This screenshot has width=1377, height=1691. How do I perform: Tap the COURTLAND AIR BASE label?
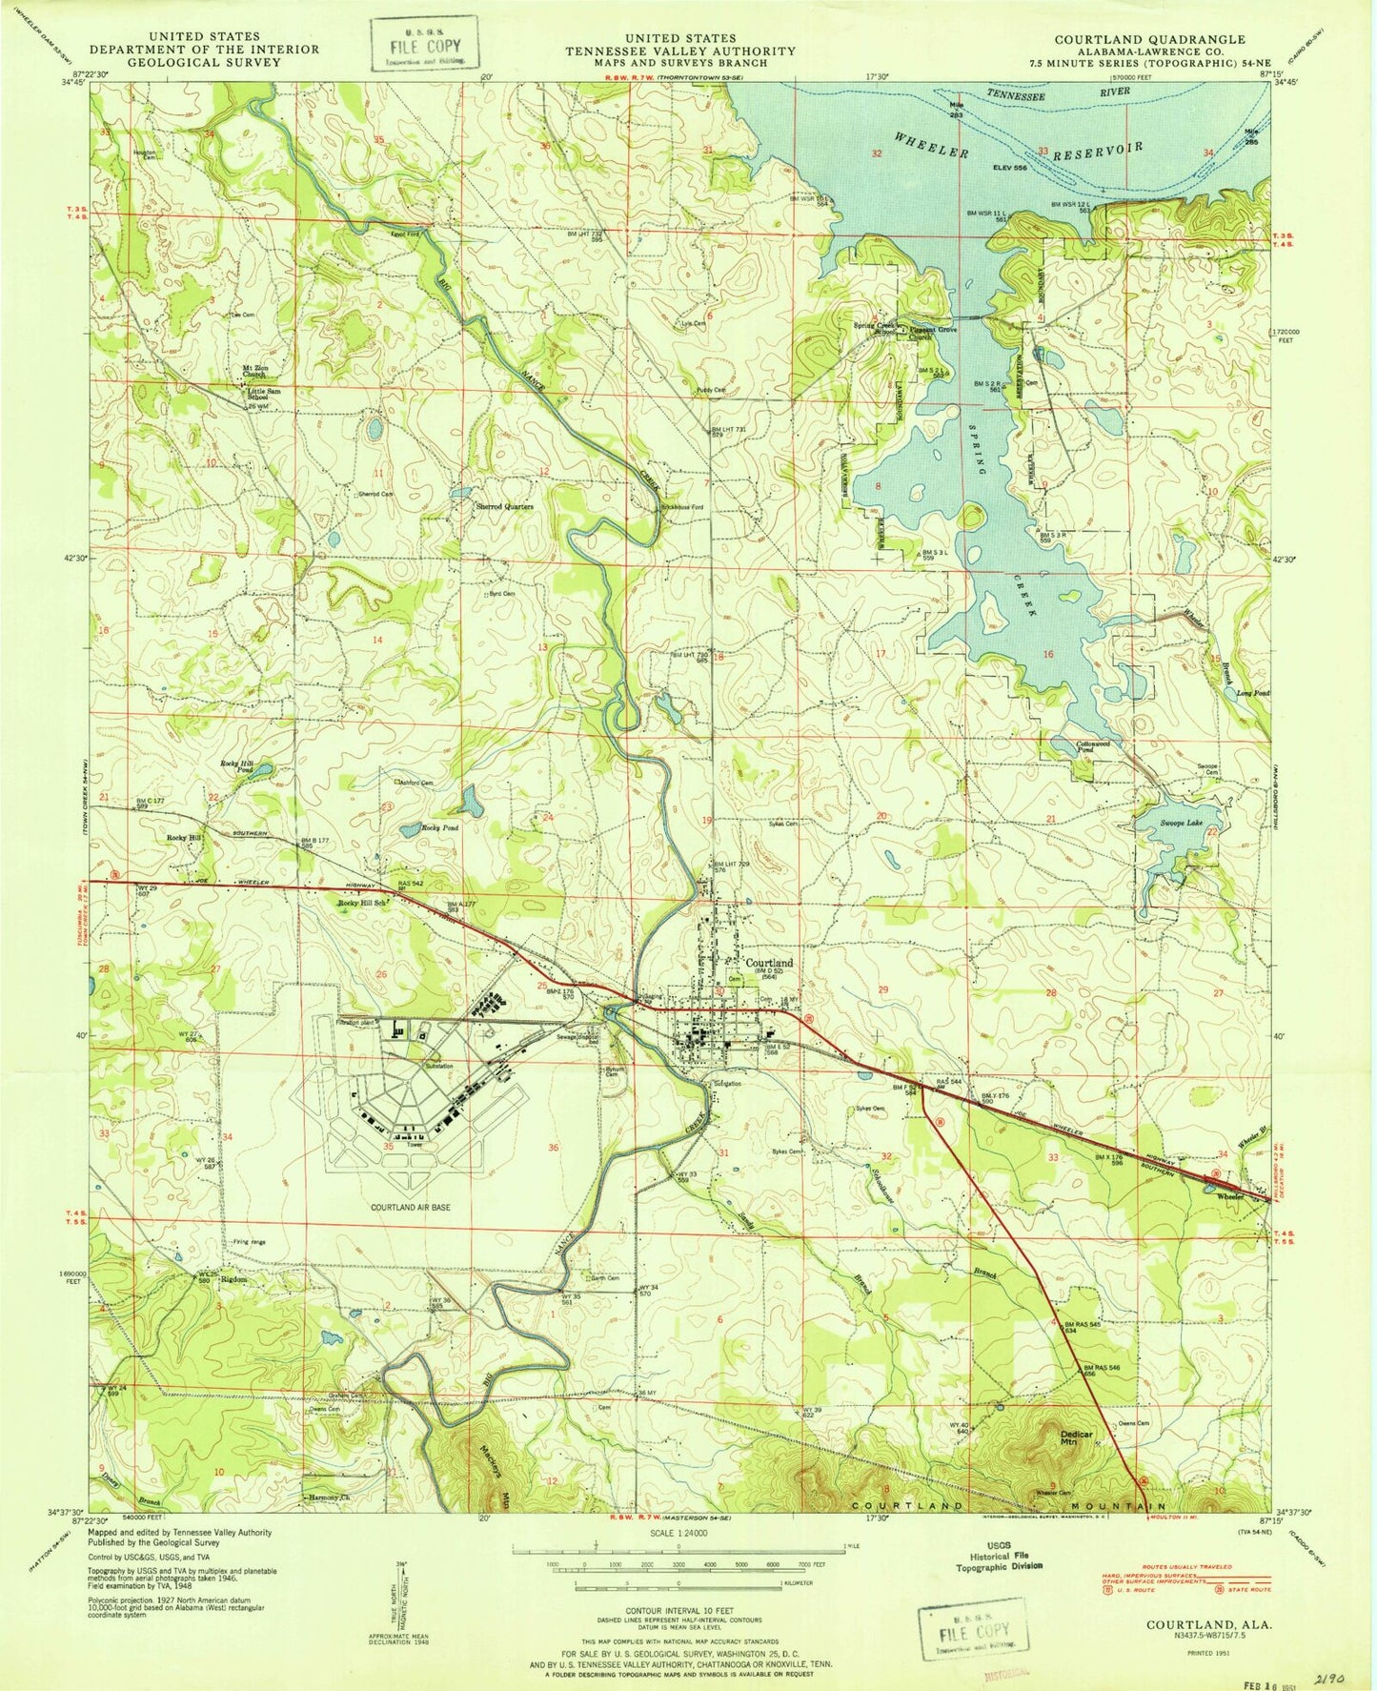click(x=411, y=1207)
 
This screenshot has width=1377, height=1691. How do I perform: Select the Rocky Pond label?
click(x=440, y=828)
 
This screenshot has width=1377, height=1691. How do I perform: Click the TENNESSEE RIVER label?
click(x=1058, y=94)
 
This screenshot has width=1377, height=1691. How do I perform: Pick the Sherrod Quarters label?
click(x=504, y=506)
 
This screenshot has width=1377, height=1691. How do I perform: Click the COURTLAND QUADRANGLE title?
click(x=1148, y=39)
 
